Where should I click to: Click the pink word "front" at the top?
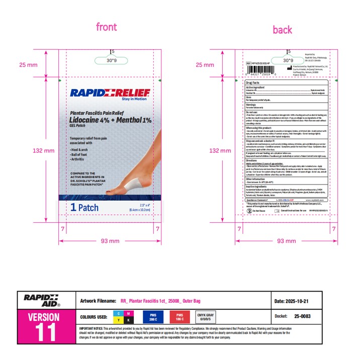pos(106,27)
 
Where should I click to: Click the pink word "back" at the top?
pos(283,30)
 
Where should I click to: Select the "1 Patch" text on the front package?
pos(85,207)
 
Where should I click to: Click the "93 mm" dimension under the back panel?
pos(287,241)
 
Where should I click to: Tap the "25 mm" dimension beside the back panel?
pos(205,64)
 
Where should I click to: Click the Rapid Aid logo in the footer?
pos(42,301)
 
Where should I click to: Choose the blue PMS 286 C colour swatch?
pos(153,317)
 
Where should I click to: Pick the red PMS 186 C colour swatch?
pos(179,317)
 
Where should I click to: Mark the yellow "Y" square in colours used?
pos(118,320)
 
